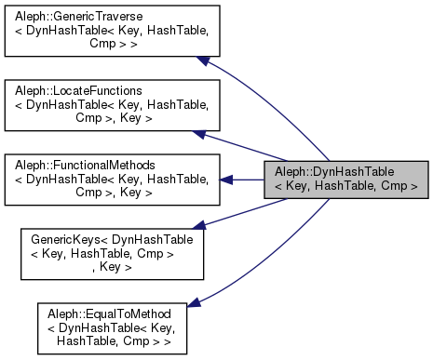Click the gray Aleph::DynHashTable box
click(x=346, y=180)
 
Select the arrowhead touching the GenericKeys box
click(x=197, y=224)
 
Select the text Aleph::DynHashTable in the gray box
click(x=346, y=173)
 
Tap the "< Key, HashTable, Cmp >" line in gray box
click(x=346, y=187)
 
